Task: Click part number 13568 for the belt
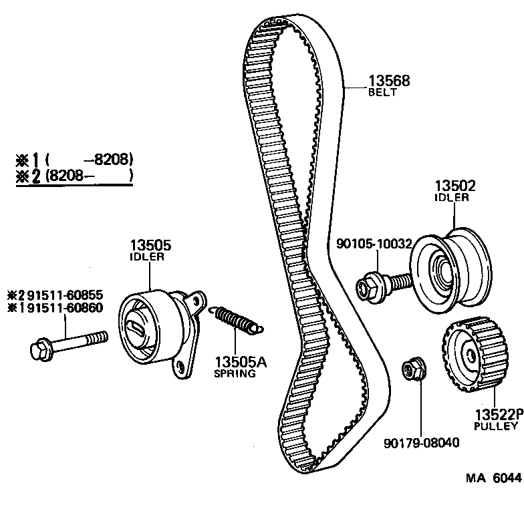[x=388, y=81]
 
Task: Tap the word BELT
[x=382, y=94]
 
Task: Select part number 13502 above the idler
[x=456, y=186]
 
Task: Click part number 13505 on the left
[x=148, y=245]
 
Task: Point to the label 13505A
[x=241, y=363]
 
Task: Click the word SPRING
[x=235, y=374]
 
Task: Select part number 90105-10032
[x=374, y=244]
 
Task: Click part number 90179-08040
[x=422, y=442]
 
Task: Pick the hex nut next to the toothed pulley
[x=410, y=369]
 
